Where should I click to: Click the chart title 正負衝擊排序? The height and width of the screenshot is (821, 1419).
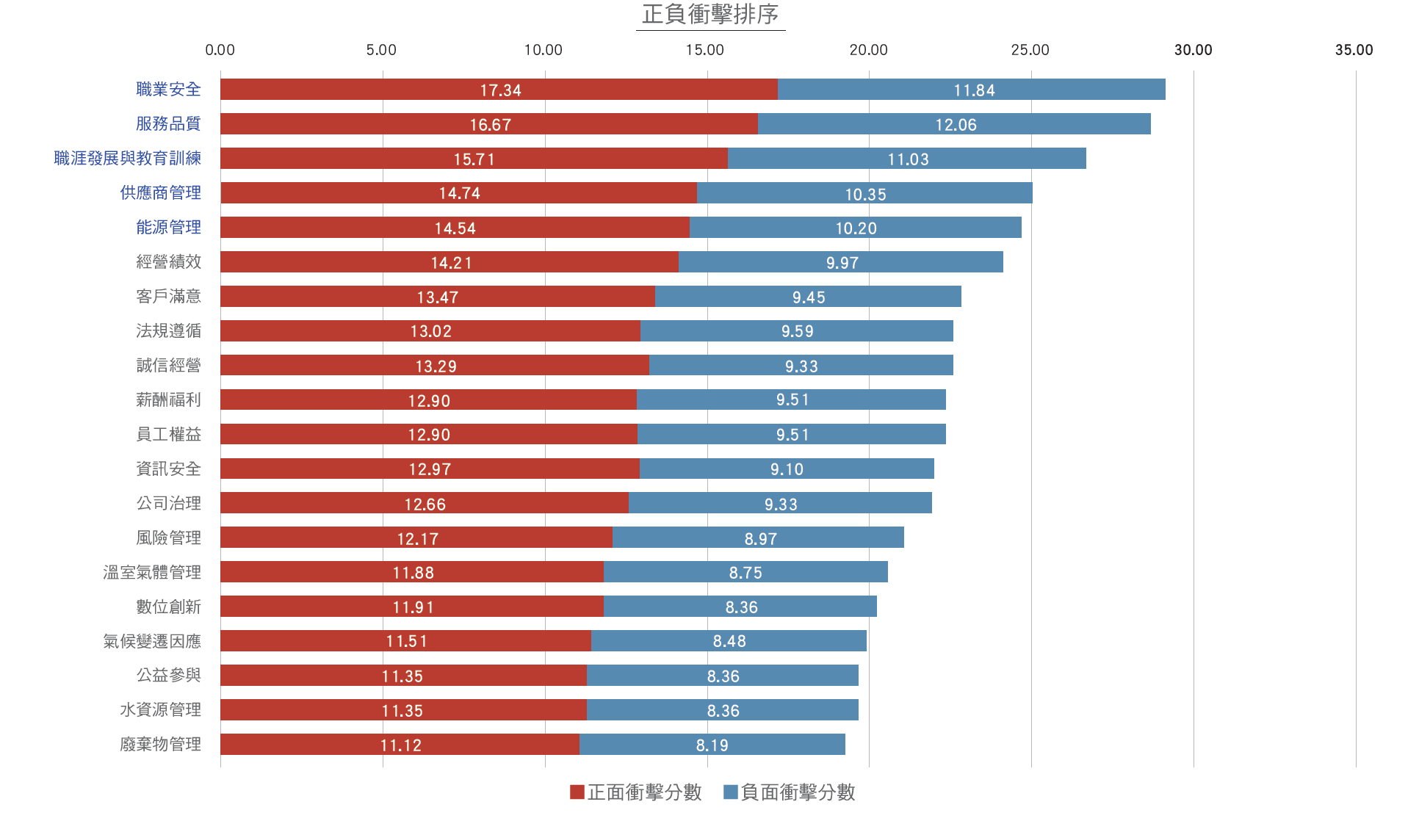pos(710,15)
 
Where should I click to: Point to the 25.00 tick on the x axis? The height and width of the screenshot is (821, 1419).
pos(1030,50)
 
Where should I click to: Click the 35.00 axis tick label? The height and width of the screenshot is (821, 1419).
pos(1354,50)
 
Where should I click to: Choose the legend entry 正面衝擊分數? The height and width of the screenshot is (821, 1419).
pos(636,792)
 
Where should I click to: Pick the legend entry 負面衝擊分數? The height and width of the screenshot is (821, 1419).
pos(790,792)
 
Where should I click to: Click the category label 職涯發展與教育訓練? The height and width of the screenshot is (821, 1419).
pos(128,158)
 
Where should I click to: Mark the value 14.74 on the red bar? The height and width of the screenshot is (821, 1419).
pos(460,193)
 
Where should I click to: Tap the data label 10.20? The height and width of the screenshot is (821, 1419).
pos(856,228)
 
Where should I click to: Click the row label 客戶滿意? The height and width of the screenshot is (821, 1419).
pos(168,296)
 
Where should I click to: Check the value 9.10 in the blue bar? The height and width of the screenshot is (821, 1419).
pos(787,469)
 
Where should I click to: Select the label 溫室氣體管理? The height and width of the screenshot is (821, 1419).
pos(152,572)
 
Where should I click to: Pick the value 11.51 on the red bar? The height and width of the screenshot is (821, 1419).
pos(406,641)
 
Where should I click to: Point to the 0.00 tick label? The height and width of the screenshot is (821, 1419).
pos(220,50)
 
